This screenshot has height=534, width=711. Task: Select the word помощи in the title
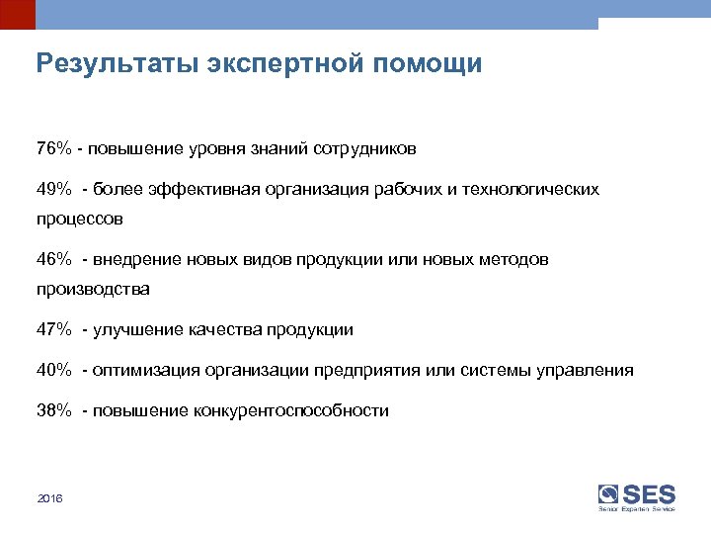click(x=430, y=64)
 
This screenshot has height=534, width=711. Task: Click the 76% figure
click(x=53, y=149)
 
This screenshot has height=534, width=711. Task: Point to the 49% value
click(x=53, y=189)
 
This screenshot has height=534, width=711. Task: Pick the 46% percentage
click(x=53, y=259)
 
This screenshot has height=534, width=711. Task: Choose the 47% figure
click(x=53, y=330)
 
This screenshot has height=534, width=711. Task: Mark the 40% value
click(x=53, y=371)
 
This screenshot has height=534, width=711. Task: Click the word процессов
click(x=80, y=220)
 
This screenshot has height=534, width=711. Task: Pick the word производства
click(x=93, y=290)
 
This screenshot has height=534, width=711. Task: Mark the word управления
click(x=586, y=371)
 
